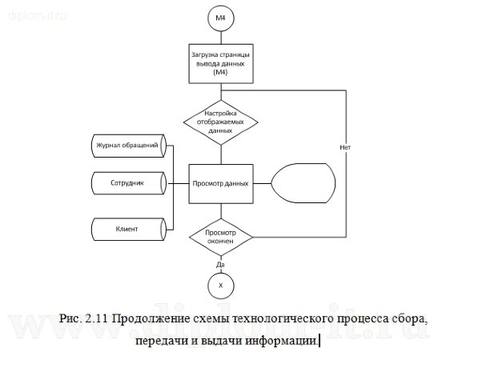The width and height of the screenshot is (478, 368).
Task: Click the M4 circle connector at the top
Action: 220,17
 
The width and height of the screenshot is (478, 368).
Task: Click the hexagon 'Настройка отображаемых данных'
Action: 220,122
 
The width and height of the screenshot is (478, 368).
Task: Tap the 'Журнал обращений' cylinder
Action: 127,146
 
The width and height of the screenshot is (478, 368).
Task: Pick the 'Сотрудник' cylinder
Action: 127,183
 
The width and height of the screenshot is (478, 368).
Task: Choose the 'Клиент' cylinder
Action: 127,229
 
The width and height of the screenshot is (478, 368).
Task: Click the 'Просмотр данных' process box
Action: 220,183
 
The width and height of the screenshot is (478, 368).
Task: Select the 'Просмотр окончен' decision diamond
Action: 220,236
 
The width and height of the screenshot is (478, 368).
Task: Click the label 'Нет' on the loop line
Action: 345,148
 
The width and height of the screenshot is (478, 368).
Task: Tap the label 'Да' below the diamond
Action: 220,263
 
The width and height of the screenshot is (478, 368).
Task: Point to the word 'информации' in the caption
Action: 280,342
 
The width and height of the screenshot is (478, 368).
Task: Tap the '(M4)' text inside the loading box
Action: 220,74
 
